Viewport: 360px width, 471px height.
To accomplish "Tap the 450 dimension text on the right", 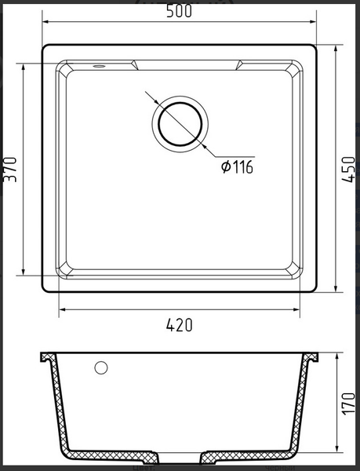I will (x=351, y=168).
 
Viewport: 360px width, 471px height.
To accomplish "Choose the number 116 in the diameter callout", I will (x=242, y=166).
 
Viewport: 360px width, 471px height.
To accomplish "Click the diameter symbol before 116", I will (x=226, y=166).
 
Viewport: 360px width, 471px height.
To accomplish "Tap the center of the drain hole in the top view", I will (x=182, y=123).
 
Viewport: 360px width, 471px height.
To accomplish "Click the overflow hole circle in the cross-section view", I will (x=100, y=367).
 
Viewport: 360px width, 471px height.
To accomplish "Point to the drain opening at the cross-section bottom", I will (x=181, y=457).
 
